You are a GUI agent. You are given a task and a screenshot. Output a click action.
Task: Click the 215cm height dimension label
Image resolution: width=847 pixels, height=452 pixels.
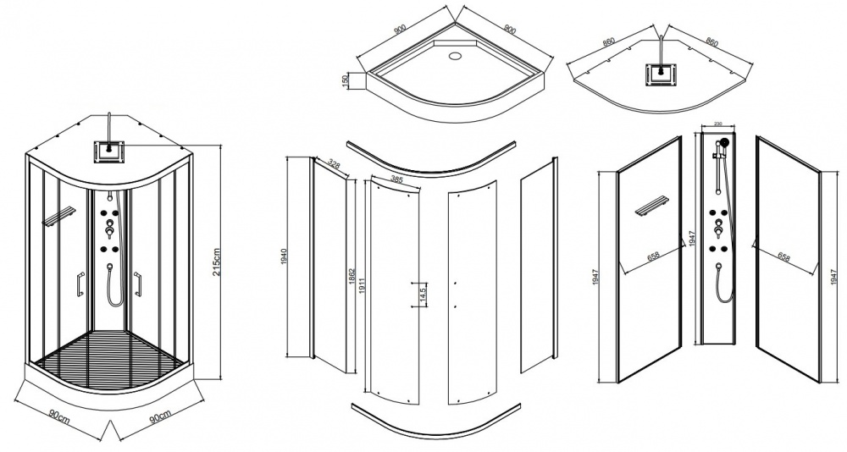pos(217,262)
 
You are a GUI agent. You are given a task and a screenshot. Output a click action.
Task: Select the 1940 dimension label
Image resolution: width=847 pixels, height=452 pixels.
pos(284,257)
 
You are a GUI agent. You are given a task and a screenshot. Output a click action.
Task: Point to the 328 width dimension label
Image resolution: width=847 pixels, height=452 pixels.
pos(335,165)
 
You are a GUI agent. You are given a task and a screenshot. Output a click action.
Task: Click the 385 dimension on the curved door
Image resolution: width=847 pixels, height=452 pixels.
pos(396,179)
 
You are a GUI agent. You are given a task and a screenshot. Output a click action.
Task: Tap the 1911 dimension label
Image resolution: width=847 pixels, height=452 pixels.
pos(362,287)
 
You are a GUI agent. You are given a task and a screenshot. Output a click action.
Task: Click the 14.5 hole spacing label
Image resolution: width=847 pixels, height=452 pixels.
pos(422,295)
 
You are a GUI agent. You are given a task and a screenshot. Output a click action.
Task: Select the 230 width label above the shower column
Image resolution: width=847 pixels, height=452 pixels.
pos(718,124)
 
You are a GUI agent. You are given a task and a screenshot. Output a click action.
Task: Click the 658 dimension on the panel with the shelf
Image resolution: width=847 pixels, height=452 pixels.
pos(652,256)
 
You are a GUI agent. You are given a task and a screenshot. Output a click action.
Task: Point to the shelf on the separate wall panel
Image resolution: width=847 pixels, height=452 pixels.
pos(653,208)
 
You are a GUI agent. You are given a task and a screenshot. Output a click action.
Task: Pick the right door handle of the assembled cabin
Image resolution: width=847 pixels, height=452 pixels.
pos(138,284)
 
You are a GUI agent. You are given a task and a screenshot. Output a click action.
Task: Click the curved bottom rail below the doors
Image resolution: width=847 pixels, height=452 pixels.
pos(435,423)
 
